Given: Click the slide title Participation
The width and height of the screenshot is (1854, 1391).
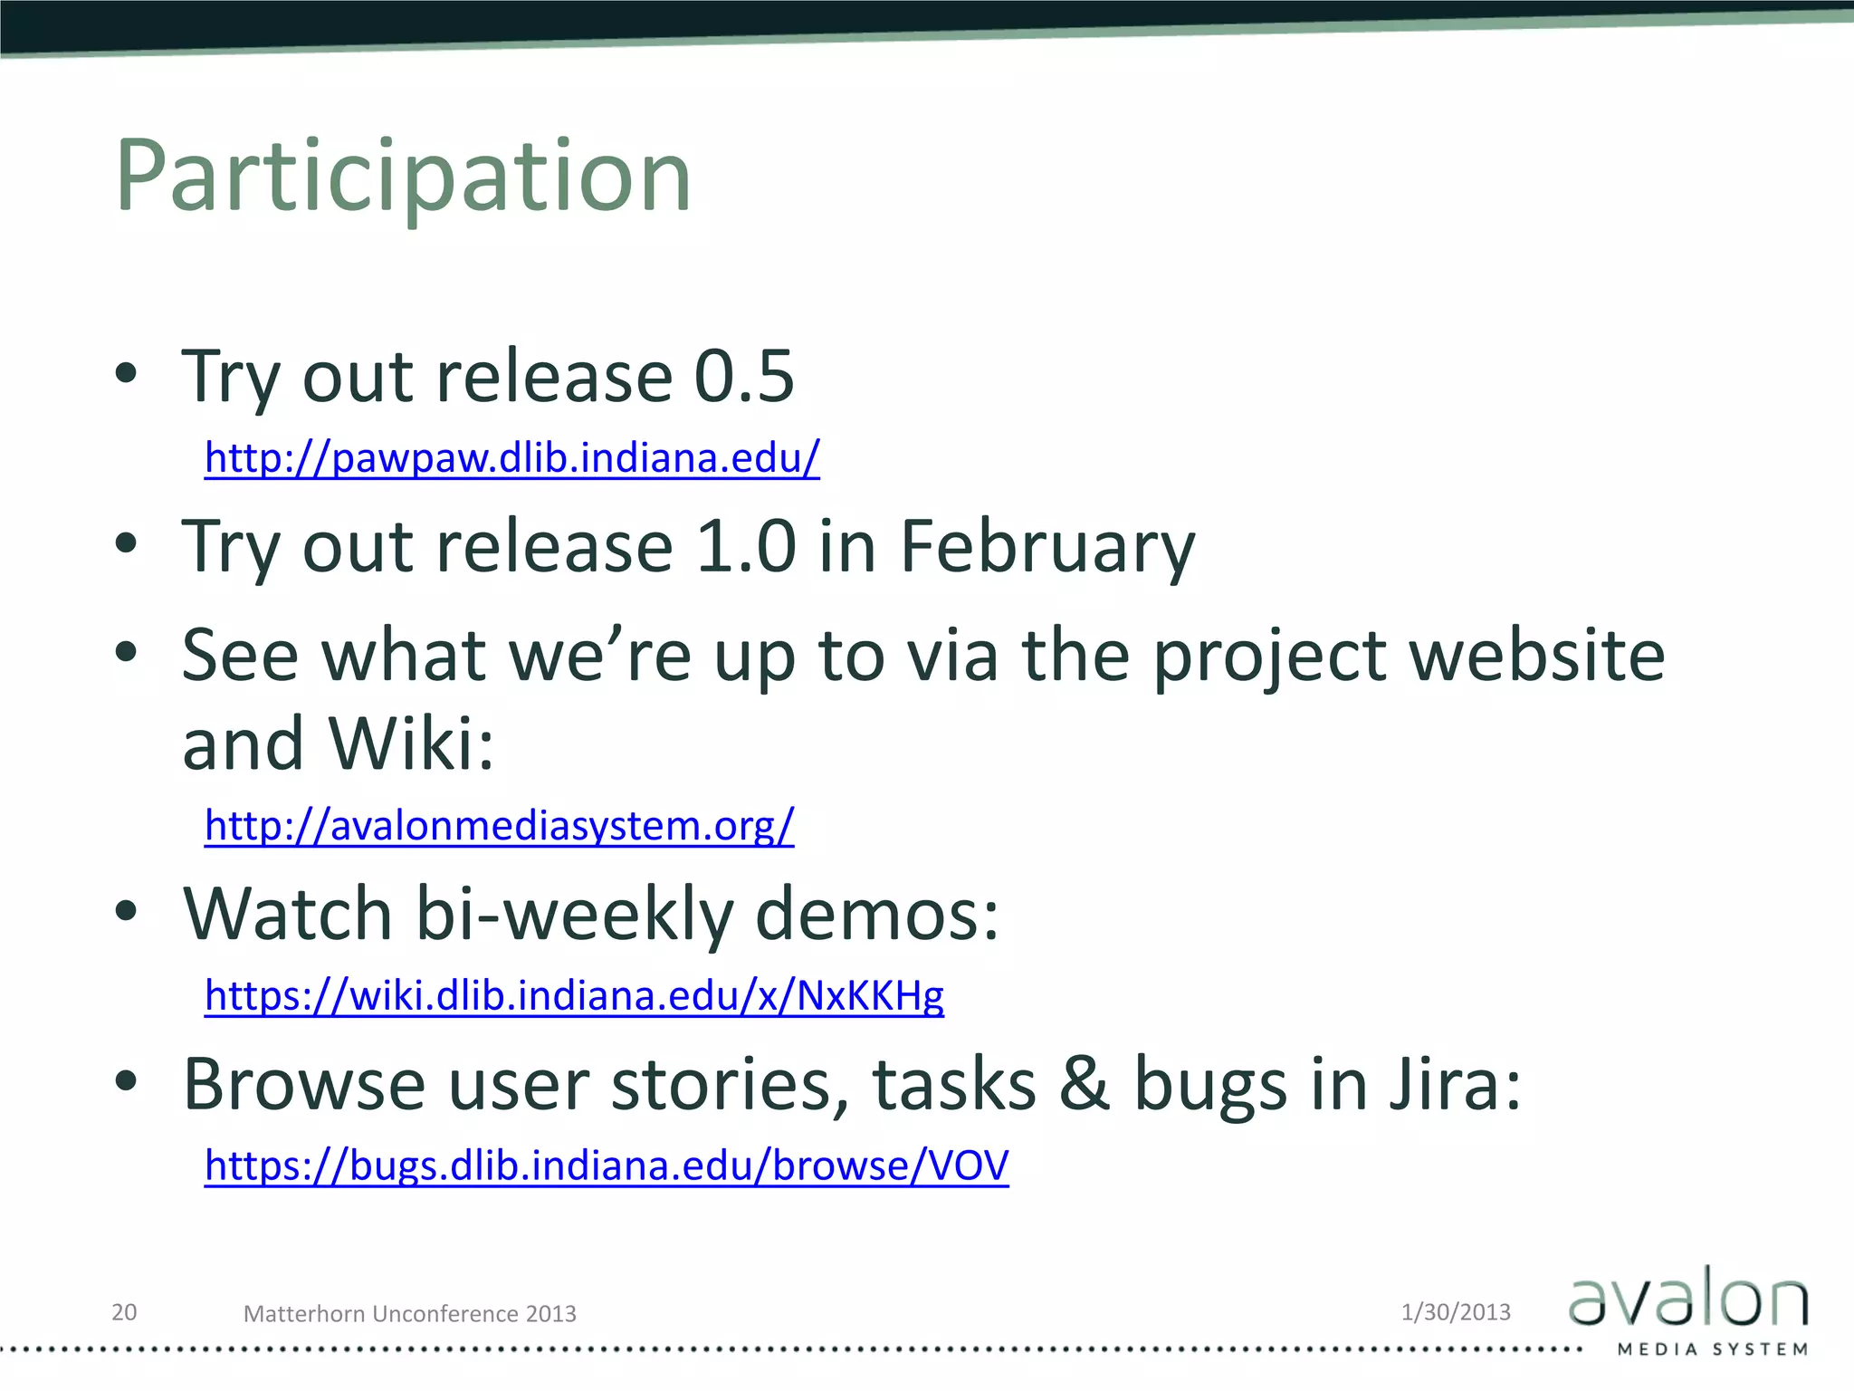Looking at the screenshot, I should click(x=403, y=177).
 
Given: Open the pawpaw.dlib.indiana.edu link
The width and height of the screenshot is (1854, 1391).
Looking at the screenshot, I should click(x=511, y=458).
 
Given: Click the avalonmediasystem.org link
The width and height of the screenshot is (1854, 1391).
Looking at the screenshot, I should click(x=499, y=826).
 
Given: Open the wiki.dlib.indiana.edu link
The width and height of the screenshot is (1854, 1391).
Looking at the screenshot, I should click(x=574, y=995).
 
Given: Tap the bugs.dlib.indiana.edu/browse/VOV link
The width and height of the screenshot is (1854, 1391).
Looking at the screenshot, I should click(x=606, y=1166).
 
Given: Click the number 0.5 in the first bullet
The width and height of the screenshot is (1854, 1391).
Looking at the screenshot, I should click(x=743, y=377).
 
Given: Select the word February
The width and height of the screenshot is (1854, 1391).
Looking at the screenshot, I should click(x=1047, y=547).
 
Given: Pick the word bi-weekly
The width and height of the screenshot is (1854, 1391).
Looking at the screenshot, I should click(x=573, y=915).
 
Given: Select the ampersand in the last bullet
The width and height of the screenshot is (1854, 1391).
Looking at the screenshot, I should click(x=1084, y=1084).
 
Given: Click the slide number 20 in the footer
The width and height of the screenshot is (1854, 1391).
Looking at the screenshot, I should click(x=124, y=1312).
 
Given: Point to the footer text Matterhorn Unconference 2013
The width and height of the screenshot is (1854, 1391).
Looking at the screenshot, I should click(x=409, y=1314).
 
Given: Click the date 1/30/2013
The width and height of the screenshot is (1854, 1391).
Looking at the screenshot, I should click(x=1456, y=1312).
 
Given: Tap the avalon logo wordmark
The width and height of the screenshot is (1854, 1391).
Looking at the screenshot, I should click(x=1687, y=1300).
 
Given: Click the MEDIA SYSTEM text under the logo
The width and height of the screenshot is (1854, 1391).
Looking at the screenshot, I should click(x=1712, y=1349).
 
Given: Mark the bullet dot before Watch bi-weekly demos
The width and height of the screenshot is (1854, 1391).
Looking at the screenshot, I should click(x=126, y=911).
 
